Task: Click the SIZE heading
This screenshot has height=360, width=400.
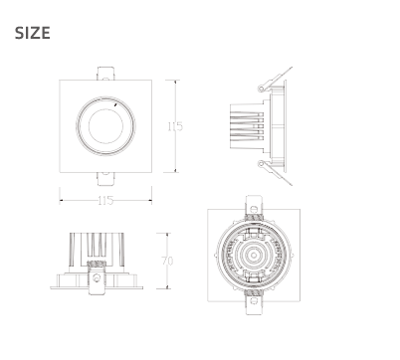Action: point(33,33)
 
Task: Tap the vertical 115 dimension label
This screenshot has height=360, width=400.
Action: point(175,126)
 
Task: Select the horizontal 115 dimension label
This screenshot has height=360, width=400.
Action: point(105,200)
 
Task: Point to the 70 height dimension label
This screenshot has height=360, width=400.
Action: point(167,261)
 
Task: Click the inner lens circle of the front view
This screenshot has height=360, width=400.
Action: point(105,126)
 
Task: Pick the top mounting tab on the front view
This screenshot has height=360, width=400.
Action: point(105,74)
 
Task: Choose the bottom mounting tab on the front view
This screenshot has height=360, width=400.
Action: point(105,179)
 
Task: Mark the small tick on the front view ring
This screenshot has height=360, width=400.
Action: point(115,104)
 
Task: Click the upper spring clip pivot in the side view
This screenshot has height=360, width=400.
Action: point(261,89)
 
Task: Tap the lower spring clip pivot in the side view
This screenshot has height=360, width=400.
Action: point(261,163)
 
